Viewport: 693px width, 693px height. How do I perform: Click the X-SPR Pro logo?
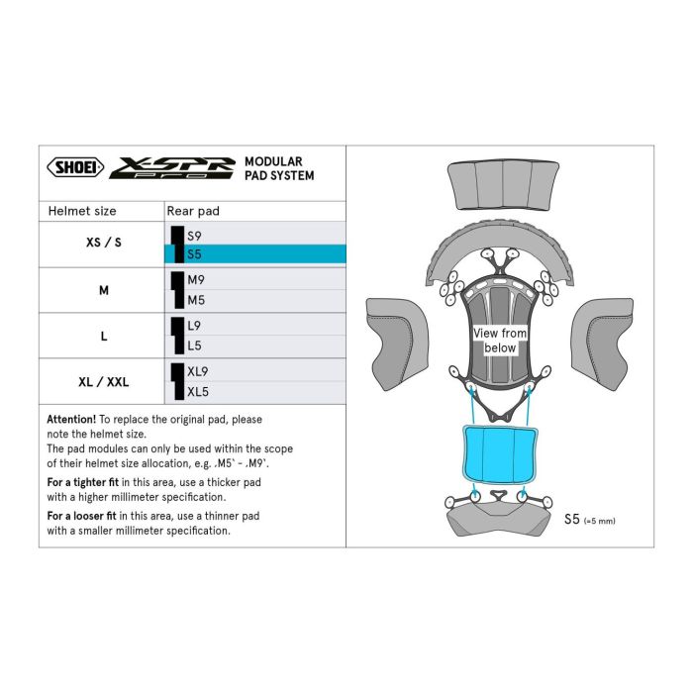(x=171, y=167)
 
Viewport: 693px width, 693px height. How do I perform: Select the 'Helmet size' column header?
(x=82, y=211)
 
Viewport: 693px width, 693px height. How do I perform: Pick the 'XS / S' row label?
(x=104, y=244)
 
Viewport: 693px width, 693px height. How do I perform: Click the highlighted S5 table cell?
(x=255, y=254)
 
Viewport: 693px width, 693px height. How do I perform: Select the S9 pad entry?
(x=194, y=236)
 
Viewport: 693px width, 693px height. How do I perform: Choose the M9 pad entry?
(x=195, y=280)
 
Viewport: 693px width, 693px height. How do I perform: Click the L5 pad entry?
(x=194, y=346)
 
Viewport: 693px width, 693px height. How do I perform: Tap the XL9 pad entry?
(x=197, y=371)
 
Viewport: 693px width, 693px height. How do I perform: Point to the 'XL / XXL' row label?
(x=103, y=381)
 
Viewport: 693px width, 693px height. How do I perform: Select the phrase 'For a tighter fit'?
(x=87, y=482)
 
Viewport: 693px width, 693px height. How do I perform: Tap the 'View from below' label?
(x=500, y=341)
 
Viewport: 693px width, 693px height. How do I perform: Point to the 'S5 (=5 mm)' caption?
(x=594, y=519)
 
